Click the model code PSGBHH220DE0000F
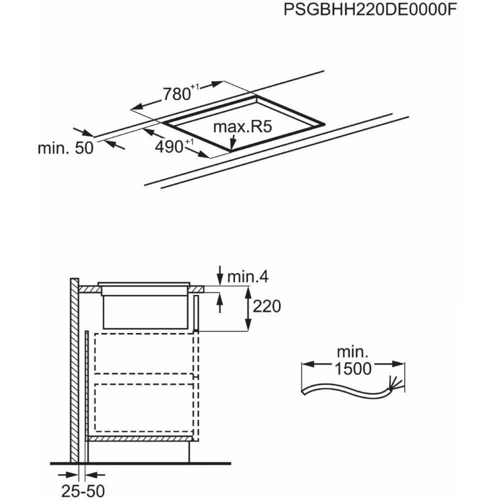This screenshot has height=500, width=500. coord(370,10)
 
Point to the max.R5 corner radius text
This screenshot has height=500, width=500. coord(242,126)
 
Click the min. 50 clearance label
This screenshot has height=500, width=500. coord(65,148)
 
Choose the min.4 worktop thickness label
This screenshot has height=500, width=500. coord(248,277)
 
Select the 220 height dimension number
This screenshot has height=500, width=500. coord(266,306)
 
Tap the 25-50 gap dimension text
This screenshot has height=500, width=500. coord(83,491)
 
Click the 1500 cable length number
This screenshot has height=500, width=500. coord(353,368)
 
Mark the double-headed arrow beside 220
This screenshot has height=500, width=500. coord(248,308)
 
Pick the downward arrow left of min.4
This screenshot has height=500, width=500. coord(219,275)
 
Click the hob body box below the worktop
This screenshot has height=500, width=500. coord(145,311)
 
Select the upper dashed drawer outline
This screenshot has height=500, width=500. coord(144,353)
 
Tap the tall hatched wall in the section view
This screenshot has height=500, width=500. coord(74,370)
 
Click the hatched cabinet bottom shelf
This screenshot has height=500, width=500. coord(140,439)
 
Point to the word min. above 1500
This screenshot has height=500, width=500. coord(352,352)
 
